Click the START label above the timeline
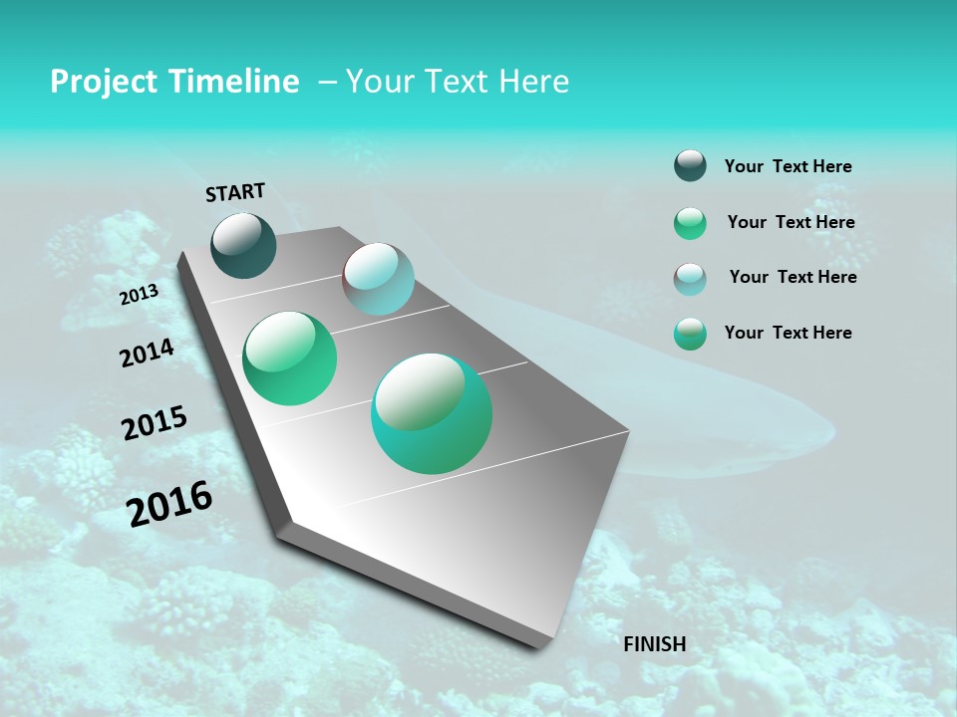coord(235,192)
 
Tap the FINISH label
coord(655,644)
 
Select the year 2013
coord(140,294)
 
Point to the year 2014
coord(147,354)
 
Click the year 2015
coord(155,424)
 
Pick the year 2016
coord(169,503)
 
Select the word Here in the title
coord(533,82)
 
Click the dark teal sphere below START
coord(243,245)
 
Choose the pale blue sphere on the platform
coord(379,279)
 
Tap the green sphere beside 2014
coord(289,358)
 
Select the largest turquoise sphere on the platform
coord(432,413)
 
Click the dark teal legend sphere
coord(690,166)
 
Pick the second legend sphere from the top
coord(690,223)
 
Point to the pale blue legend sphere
coord(690,279)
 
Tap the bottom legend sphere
coord(690,334)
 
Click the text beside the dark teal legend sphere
coord(788,167)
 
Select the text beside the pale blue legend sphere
coord(793,277)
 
